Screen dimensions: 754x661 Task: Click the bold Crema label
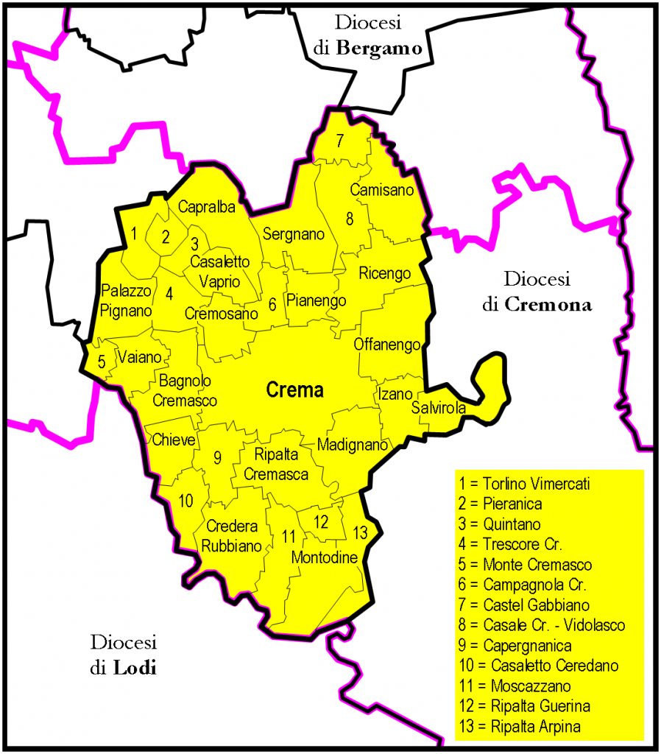294,390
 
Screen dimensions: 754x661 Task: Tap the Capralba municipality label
206,208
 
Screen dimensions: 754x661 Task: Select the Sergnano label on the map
293,235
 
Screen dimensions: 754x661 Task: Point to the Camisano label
382,191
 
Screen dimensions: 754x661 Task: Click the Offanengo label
387,345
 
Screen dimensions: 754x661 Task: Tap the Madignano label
353,445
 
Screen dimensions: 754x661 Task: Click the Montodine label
325,557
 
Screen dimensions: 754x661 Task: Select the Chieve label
174,440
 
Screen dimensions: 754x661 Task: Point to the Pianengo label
316,300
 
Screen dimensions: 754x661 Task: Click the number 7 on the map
340,142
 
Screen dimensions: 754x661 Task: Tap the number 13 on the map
360,532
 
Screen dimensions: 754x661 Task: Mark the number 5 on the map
102,361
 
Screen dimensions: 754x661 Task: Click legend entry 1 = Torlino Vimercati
524,485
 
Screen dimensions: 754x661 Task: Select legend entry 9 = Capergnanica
515,646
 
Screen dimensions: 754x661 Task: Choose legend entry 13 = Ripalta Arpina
519,726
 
